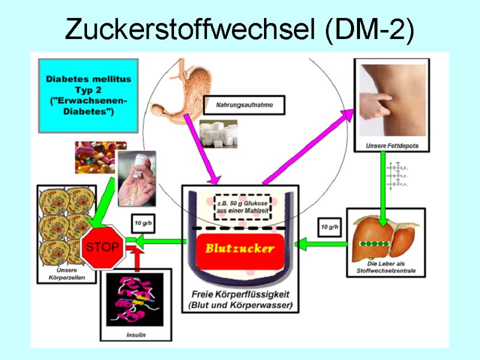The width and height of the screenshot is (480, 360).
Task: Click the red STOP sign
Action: pyautogui.click(x=103, y=247)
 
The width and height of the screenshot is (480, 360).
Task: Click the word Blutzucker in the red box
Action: pyautogui.click(x=240, y=248)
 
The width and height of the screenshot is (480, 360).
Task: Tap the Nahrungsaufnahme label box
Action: pyautogui.click(x=244, y=105)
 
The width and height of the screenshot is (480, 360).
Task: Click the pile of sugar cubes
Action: pyautogui.click(x=217, y=133)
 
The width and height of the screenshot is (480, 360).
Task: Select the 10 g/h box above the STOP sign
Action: pyautogui.click(x=142, y=223)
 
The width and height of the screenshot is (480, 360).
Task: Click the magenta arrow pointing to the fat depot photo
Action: pyautogui.click(x=309, y=147)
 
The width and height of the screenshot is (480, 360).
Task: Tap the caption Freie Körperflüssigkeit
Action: pyautogui.click(x=241, y=295)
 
